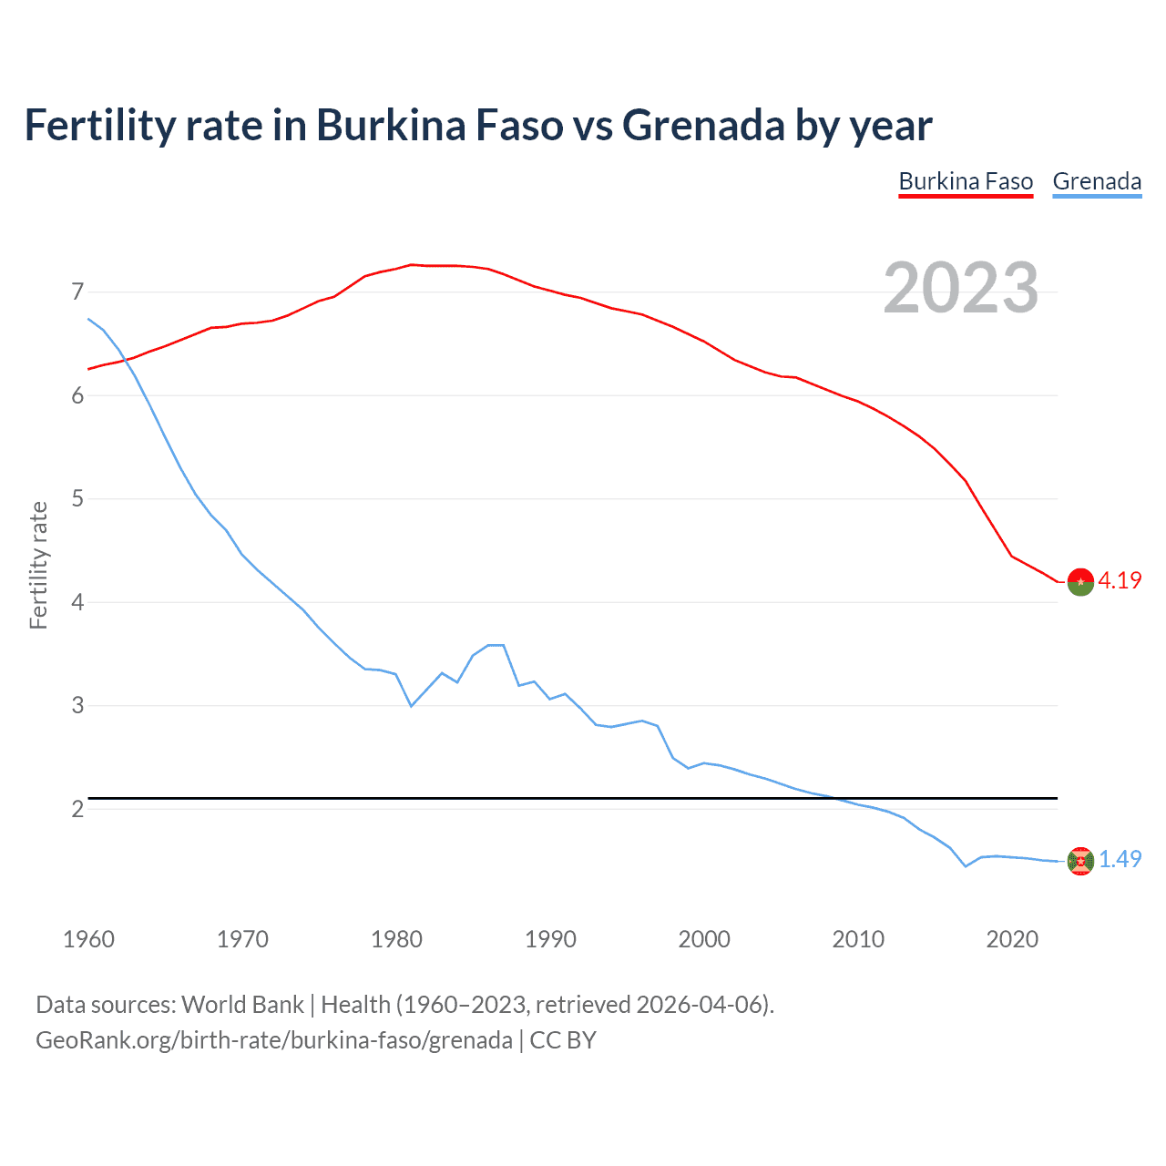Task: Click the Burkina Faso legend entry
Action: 966,181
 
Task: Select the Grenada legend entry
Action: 1097,181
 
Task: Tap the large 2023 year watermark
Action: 960,288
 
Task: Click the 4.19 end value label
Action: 1120,580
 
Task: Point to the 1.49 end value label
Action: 1120,859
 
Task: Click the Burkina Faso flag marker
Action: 1080,581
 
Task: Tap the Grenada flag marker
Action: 1080,861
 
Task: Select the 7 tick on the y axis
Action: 77,292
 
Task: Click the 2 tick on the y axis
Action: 77,809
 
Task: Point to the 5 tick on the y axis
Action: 77,499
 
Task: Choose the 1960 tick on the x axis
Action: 88,939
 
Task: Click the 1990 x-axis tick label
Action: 550,939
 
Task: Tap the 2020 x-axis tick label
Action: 1012,939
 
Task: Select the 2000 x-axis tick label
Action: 704,939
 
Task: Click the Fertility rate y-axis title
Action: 38,565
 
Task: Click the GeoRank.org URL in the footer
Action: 273,1040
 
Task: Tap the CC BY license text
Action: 563,1040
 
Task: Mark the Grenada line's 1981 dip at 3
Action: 412,705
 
